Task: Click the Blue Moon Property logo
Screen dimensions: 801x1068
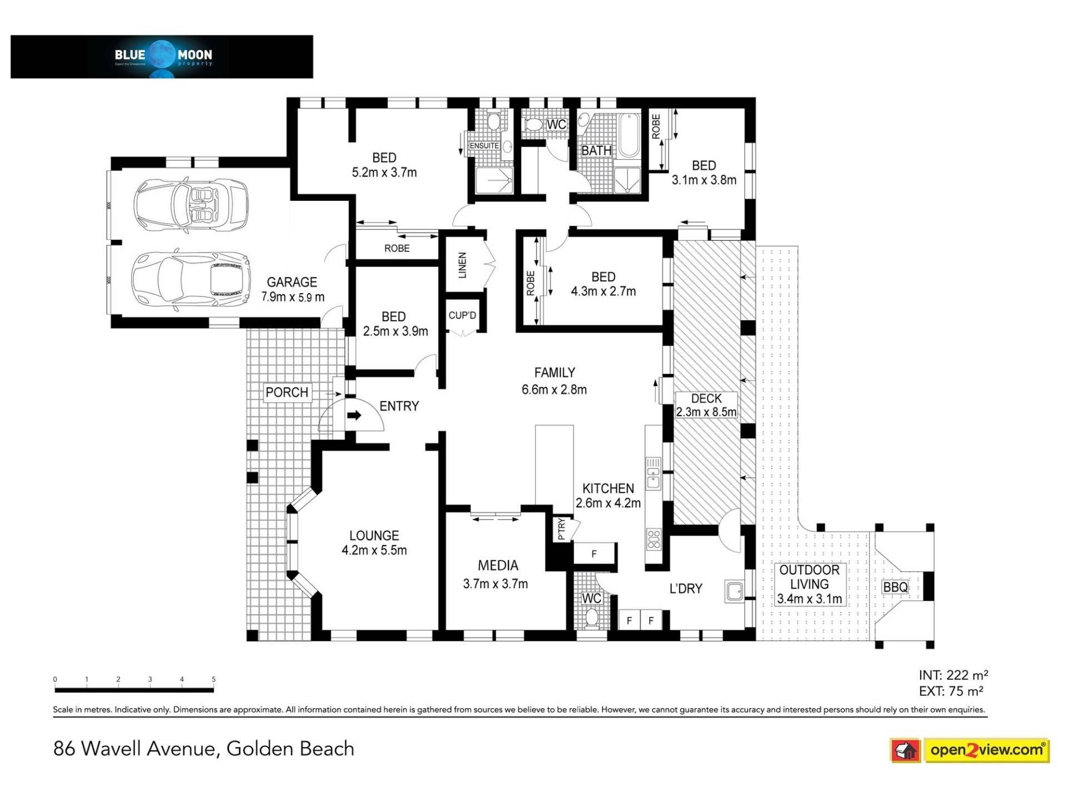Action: pyautogui.click(x=163, y=57)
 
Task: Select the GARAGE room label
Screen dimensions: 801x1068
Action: pyautogui.click(x=291, y=283)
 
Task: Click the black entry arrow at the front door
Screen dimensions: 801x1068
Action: pyautogui.click(x=354, y=415)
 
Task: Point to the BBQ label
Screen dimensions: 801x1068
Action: pyautogui.click(x=895, y=587)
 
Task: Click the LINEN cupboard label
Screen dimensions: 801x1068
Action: pyautogui.click(x=462, y=265)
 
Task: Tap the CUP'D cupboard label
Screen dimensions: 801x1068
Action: pyautogui.click(x=462, y=315)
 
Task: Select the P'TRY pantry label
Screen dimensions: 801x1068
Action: pyautogui.click(x=561, y=529)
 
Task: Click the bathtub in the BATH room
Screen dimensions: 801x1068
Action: pyautogui.click(x=630, y=135)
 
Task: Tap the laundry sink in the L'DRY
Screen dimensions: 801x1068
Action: pyautogui.click(x=734, y=591)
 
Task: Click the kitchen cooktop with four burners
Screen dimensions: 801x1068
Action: pyautogui.click(x=654, y=539)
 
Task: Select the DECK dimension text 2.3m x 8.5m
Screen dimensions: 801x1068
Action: pyautogui.click(x=706, y=412)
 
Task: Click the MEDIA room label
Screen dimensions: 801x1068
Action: pyautogui.click(x=498, y=566)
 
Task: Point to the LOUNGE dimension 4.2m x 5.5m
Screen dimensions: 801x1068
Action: pyautogui.click(x=374, y=550)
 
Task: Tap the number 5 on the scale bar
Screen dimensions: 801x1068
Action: pyautogui.click(x=214, y=679)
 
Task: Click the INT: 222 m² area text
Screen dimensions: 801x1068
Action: pyautogui.click(x=953, y=675)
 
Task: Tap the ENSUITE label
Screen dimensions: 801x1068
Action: pyautogui.click(x=484, y=146)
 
